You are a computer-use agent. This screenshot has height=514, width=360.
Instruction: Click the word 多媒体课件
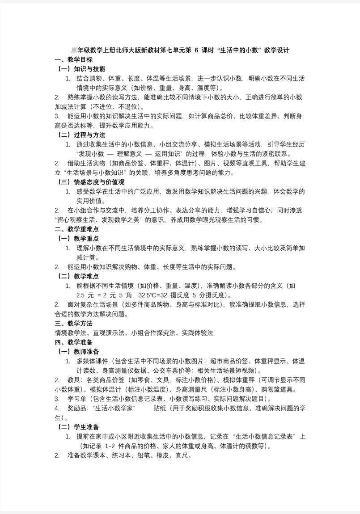[x=92, y=361]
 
